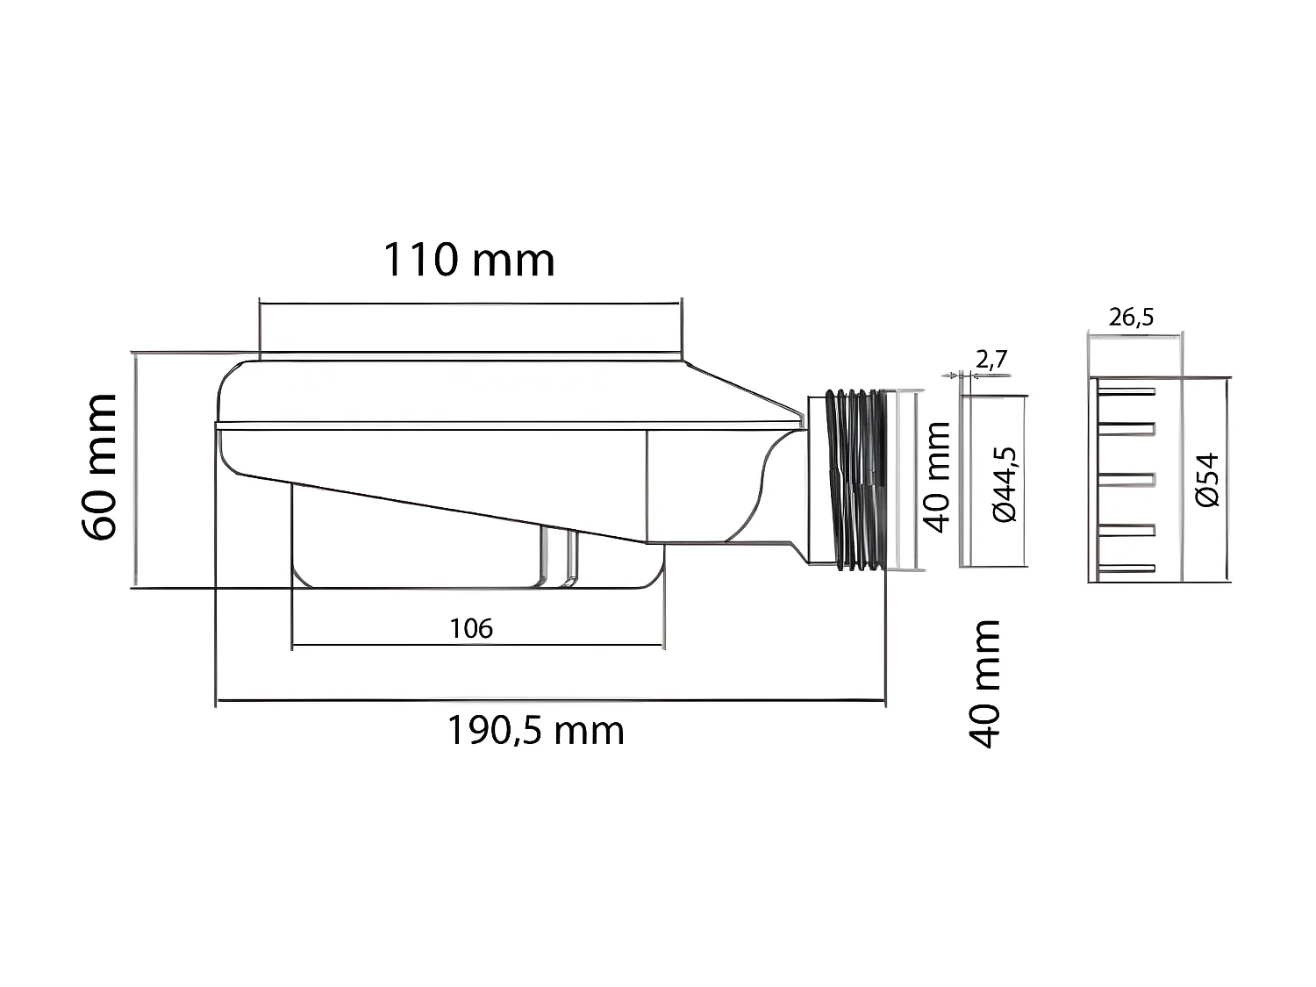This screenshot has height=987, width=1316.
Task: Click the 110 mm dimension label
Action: [x=468, y=261]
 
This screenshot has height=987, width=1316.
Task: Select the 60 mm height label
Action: [x=99, y=467]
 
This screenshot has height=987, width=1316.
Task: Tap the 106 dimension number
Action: [x=471, y=628]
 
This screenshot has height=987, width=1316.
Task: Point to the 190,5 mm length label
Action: [x=536, y=730]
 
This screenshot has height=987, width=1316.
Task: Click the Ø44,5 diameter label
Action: [x=1005, y=484]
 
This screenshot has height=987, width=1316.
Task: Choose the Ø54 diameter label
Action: [x=1208, y=479]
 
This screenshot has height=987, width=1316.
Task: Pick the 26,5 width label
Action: [x=1131, y=317]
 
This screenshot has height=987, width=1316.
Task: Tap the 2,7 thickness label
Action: [x=991, y=359]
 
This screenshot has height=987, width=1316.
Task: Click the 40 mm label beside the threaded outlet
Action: [x=937, y=477]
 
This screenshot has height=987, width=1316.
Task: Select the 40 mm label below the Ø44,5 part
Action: [x=984, y=683]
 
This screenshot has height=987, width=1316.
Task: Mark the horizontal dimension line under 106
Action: [x=477, y=646]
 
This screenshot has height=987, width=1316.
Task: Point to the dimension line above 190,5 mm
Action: [x=550, y=701]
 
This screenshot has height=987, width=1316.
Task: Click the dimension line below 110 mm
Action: [x=469, y=304]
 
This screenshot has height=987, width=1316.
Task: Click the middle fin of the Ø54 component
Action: [x=1127, y=479]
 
